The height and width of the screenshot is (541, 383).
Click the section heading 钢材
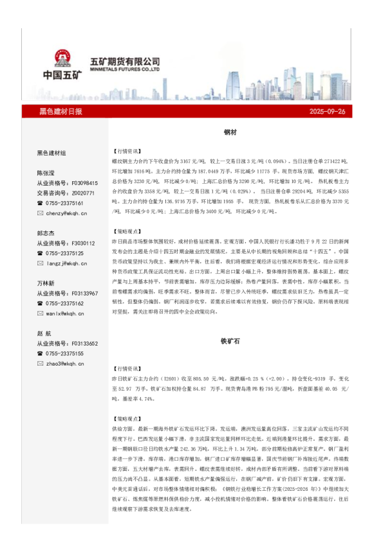[230, 132]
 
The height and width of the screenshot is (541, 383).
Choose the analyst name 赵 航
[46, 333]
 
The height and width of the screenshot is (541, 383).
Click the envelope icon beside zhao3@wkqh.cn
[40, 364]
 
